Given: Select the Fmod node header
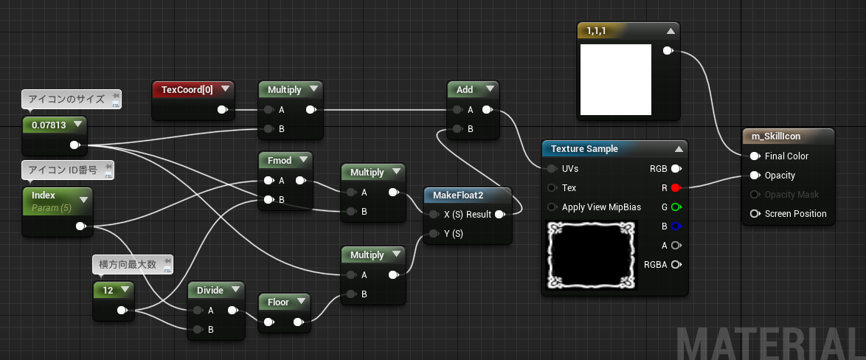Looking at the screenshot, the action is click(280, 160).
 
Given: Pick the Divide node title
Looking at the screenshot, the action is click(210, 290).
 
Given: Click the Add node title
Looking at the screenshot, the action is click(465, 89).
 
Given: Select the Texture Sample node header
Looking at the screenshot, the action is click(584, 148).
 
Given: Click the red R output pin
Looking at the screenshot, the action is click(676, 187).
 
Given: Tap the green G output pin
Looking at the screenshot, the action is click(676, 207).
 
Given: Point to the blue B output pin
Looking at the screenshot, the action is click(676, 226).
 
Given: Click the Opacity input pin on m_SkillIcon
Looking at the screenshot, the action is click(755, 176).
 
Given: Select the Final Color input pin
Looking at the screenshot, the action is click(755, 156).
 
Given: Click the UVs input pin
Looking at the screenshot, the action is click(552, 168).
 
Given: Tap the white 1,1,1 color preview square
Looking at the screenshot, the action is click(616, 80).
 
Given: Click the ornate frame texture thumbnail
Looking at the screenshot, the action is click(592, 255).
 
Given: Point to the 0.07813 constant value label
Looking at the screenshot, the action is click(49, 125).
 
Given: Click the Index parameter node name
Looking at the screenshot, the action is click(43, 195).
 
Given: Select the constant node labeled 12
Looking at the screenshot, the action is click(113, 301).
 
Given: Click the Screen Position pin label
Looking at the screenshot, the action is click(795, 214).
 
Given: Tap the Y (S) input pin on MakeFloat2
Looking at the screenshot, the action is click(434, 234).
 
